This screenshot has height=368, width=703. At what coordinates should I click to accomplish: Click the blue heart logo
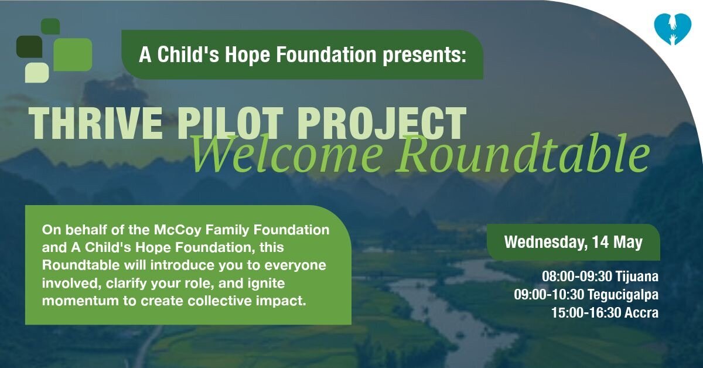pyautogui.click(x=673, y=29)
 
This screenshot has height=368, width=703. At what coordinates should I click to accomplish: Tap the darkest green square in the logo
pyautogui.click(x=29, y=46)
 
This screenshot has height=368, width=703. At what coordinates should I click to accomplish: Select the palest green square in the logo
pyautogui.click(x=37, y=73)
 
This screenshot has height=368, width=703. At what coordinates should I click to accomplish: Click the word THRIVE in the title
pyautogui.click(x=95, y=124)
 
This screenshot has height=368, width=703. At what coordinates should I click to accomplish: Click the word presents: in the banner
pyautogui.click(x=425, y=56)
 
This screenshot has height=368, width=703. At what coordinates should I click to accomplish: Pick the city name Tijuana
pyautogui.click(x=637, y=277)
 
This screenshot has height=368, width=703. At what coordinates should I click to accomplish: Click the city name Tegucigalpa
pyautogui.click(x=623, y=295)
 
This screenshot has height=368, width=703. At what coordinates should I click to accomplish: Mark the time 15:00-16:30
pyautogui.click(x=586, y=313)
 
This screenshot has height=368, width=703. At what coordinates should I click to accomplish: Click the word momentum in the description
pyautogui.click(x=80, y=301)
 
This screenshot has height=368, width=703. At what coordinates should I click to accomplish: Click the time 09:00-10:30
pyautogui.click(x=549, y=295)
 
